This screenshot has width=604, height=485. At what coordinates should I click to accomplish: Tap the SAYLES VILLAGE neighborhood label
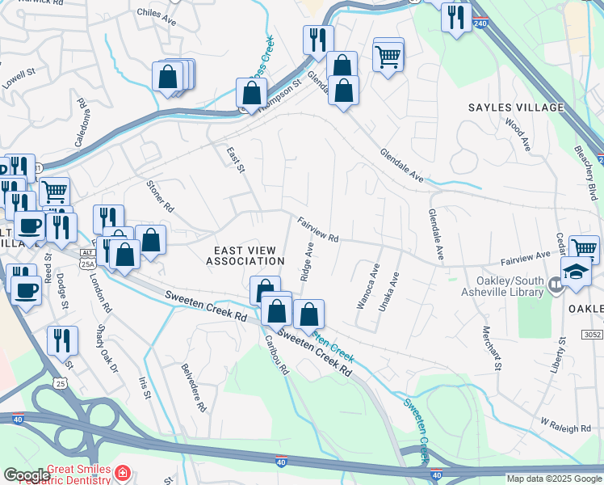515,108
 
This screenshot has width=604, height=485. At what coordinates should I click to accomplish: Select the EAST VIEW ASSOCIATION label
245,256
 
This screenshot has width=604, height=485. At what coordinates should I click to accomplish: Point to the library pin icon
555,285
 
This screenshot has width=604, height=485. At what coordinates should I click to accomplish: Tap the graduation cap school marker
577,273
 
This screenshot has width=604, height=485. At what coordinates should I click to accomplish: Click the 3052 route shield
592,334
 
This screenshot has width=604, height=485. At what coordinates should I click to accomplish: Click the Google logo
27,475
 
